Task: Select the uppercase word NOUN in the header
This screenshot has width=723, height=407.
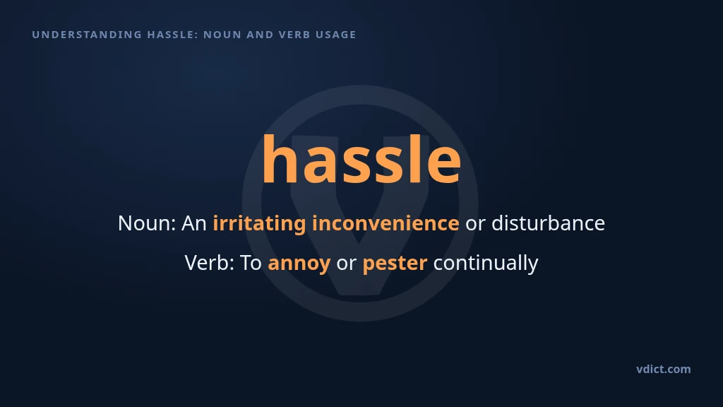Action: tap(222, 35)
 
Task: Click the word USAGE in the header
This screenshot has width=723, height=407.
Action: tap(336, 35)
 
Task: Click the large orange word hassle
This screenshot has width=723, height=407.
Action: tap(361, 159)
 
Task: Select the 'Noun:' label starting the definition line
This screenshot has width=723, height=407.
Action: tap(147, 223)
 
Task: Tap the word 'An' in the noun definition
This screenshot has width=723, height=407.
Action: tap(194, 223)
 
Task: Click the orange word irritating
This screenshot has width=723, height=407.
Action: tap(259, 224)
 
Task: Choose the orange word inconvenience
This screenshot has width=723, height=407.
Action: tap(386, 223)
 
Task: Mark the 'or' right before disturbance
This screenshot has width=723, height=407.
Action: tap(475, 225)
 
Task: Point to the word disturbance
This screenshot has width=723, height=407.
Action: tap(548, 223)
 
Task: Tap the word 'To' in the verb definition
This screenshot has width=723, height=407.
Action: tap(251, 263)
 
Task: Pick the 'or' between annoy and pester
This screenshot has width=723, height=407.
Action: tap(346, 265)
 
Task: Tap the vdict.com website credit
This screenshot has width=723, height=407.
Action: tap(664, 369)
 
